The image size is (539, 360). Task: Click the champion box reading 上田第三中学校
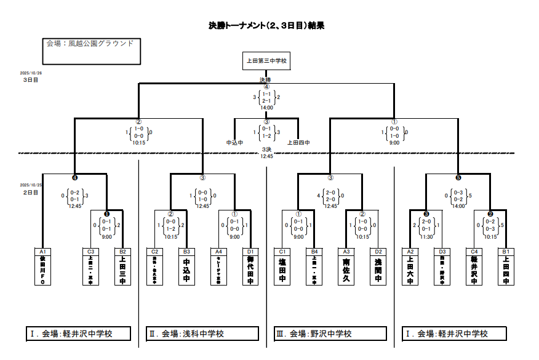(x=266, y=61)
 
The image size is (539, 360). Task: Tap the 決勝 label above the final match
(x=265, y=80)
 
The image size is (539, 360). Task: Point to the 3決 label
(x=266, y=149)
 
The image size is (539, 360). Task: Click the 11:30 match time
(x=426, y=236)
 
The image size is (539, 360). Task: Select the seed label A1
(x=42, y=252)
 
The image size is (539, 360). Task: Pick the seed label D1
(x=250, y=252)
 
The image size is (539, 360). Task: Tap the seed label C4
(x=474, y=252)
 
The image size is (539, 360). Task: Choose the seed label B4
(x=314, y=252)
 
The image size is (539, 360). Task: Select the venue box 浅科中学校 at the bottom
(x=202, y=334)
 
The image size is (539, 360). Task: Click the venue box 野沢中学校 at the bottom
(x=330, y=334)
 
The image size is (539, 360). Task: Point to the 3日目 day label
(x=31, y=80)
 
